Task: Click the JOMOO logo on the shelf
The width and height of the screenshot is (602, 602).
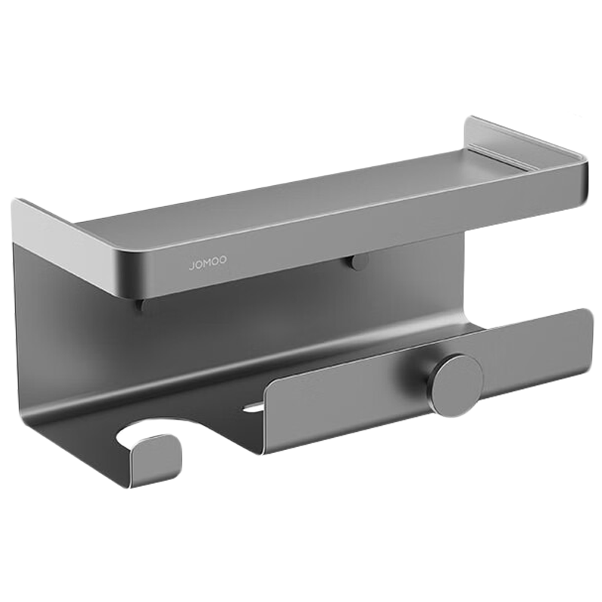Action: (208, 263)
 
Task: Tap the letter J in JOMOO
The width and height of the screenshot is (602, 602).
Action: (191, 266)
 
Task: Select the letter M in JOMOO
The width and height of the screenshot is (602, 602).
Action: (208, 263)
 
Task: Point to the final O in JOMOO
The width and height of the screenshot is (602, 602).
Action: (223, 260)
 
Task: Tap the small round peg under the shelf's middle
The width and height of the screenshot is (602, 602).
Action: (356, 263)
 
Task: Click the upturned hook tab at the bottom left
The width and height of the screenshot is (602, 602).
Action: (155, 461)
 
